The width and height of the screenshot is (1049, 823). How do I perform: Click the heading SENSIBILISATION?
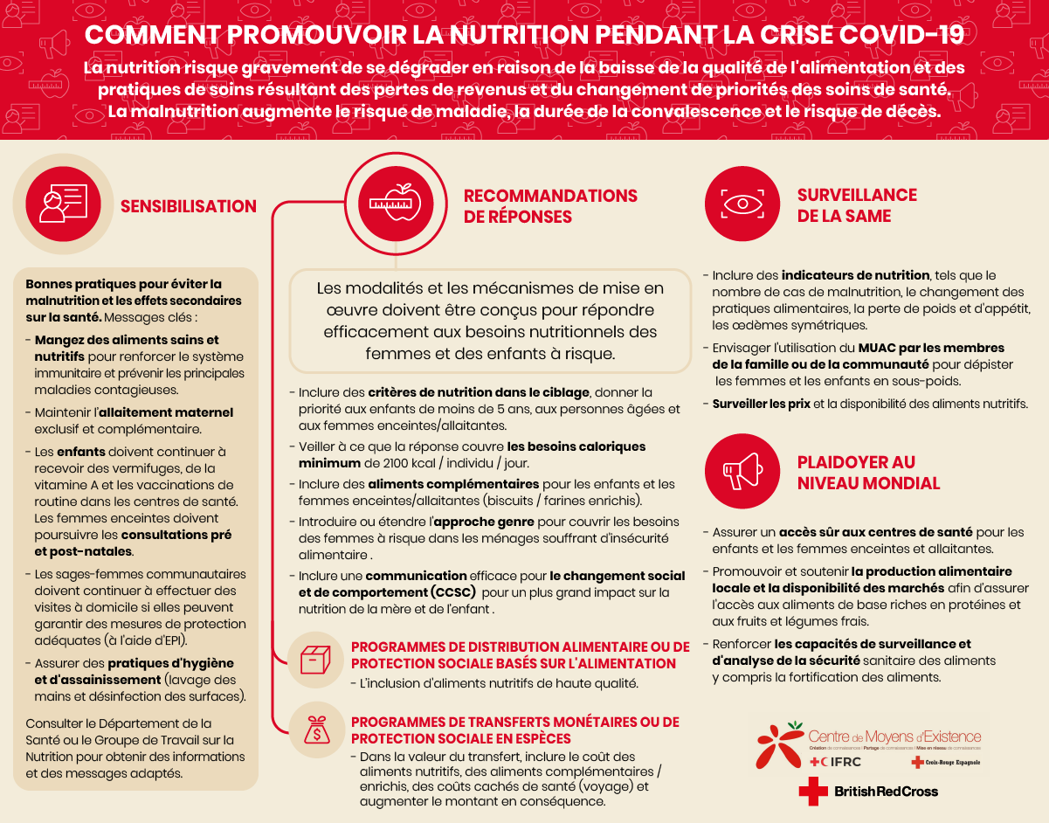coord(189,207)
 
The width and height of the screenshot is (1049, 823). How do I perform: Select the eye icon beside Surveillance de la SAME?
coord(742,204)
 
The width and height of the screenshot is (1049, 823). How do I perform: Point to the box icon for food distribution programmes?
coord(315,660)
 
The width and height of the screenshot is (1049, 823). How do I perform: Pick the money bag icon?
coord(315,730)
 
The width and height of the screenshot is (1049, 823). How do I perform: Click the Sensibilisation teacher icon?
coord(63,204)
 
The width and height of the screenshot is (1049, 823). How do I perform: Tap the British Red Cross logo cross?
coord(812,791)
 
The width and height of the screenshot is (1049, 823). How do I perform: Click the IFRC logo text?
coord(842,762)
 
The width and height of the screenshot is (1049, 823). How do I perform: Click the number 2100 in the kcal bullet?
coord(383,463)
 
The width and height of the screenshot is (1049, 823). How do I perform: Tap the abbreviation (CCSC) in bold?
coord(448,592)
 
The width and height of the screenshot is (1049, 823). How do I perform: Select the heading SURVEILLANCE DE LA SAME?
coord(856,205)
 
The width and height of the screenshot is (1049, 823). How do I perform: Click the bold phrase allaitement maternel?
coord(165,412)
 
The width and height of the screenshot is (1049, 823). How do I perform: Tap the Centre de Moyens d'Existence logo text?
coord(894,737)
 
